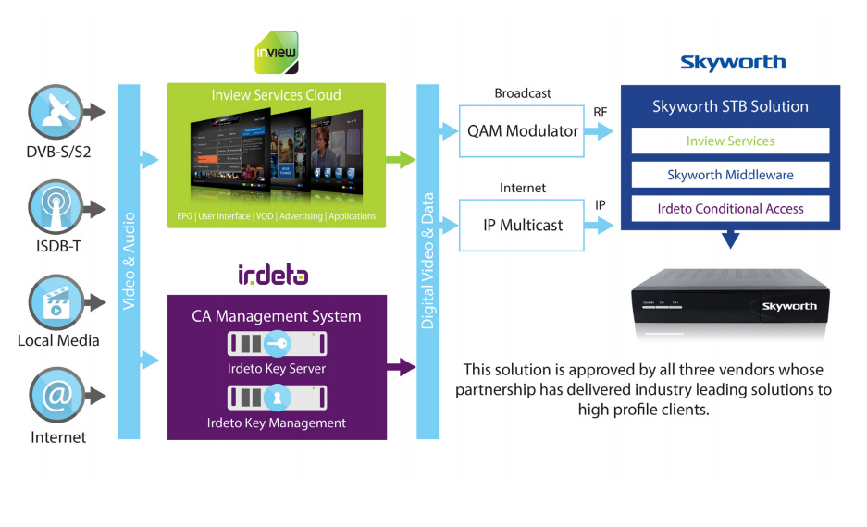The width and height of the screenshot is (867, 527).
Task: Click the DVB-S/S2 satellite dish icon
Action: point(56,111)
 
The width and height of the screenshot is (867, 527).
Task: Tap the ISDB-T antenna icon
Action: point(56,205)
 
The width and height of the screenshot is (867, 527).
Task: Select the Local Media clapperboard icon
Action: point(56,301)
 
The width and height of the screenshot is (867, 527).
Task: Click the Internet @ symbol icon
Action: point(56,395)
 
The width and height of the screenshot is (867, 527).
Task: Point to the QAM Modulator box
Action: point(523,131)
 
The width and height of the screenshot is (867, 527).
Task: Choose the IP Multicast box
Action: point(523,225)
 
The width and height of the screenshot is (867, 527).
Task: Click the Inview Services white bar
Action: point(730,141)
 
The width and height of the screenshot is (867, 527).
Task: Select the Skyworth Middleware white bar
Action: point(730,175)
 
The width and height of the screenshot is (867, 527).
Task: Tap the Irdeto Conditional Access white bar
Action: point(730,209)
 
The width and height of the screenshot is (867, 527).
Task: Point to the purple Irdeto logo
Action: point(273,274)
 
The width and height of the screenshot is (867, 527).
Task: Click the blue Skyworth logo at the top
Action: point(733,63)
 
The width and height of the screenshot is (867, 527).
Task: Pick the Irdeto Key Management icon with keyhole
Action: point(278,397)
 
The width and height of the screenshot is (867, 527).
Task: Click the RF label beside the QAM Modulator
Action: point(601,112)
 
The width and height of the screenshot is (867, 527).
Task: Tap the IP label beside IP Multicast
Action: point(601,205)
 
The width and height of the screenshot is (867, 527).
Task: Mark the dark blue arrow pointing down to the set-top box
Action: point(730,240)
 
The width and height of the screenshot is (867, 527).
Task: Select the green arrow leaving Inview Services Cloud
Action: point(401,160)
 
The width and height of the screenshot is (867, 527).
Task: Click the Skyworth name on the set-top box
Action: point(789,306)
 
